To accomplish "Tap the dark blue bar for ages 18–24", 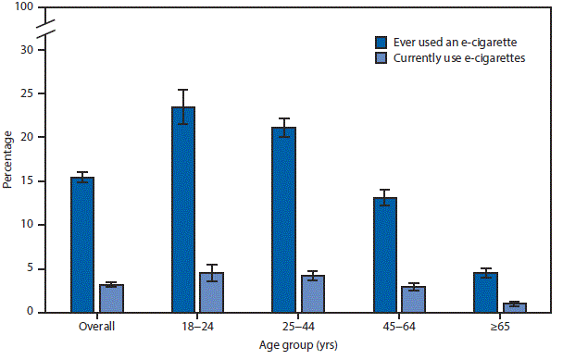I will tap(183, 209).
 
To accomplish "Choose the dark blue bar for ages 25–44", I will tap(283, 219).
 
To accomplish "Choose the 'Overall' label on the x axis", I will tap(96, 327).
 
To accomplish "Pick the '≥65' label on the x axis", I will tap(500, 327).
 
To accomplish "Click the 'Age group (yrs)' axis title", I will tap(298, 345).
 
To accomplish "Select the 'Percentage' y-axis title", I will tap(8, 160).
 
